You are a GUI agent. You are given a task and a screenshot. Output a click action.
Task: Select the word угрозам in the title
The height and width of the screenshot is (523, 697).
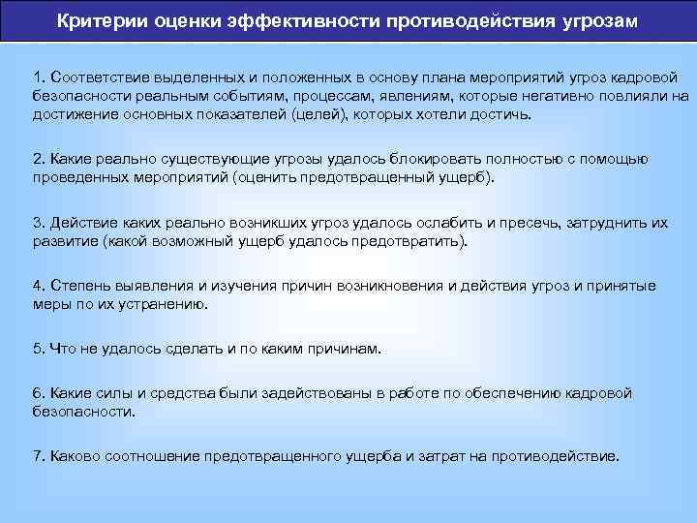pos(595,20)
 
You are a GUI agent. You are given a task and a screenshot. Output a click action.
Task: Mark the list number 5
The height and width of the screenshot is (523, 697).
pos(37,349)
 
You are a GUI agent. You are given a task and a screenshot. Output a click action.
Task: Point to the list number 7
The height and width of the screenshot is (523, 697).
pos(37,456)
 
